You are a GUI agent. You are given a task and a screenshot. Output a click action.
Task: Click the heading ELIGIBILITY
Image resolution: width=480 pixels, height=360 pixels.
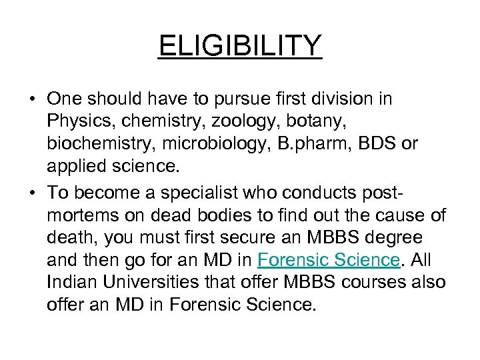240,47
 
